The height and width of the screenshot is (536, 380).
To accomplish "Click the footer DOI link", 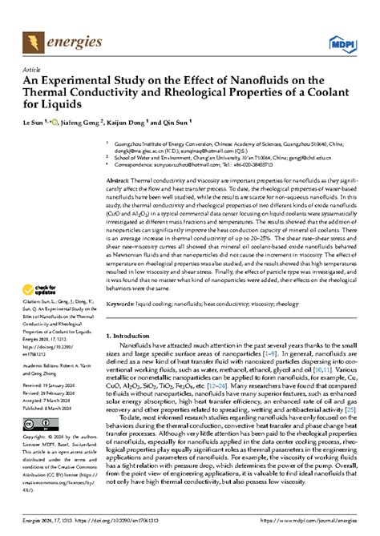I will pyautogui.click(x=123, y=527).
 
